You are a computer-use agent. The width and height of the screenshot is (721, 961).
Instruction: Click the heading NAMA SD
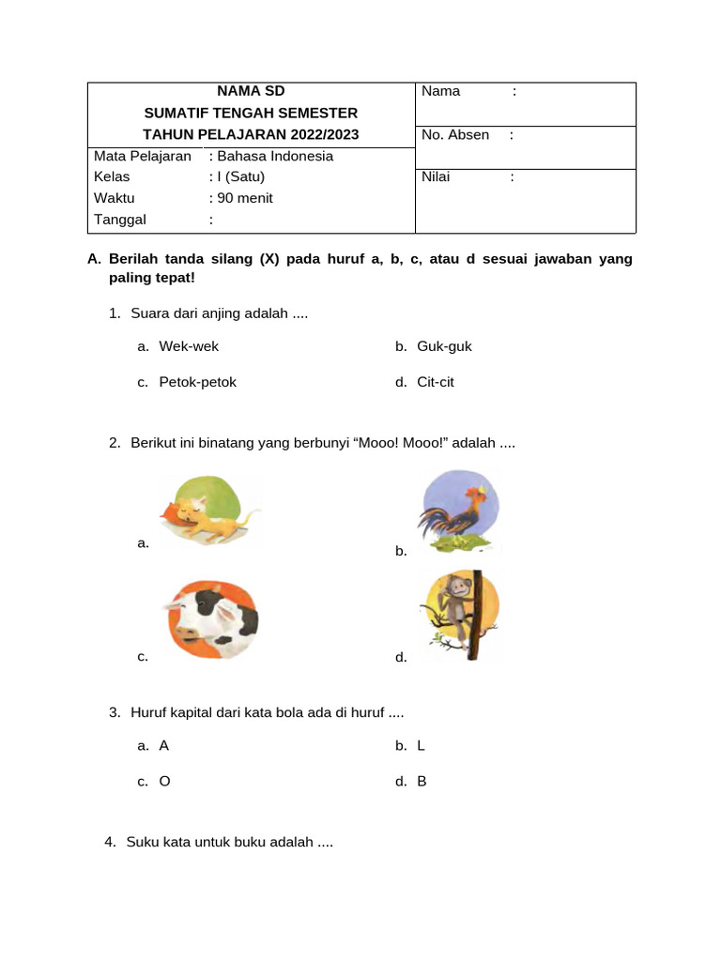(x=251, y=91)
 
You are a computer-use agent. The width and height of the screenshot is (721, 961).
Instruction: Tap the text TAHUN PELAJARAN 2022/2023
(x=251, y=134)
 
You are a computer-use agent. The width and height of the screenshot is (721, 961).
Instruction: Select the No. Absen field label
(x=455, y=134)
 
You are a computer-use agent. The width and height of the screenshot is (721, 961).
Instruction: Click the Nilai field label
(x=436, y=176)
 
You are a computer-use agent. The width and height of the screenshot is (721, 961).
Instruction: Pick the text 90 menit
(x=245, y=198)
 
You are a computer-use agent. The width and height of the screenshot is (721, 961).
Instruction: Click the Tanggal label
(x=120, y=220)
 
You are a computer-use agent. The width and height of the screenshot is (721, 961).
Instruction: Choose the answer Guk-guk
(x=444, y=346)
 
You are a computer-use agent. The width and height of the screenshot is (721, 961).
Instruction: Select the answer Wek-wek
(x=189, y=346)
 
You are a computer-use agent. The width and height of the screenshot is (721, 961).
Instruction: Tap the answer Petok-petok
(x=198, y=382)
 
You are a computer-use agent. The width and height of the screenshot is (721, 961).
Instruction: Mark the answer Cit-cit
(x=436, y=382)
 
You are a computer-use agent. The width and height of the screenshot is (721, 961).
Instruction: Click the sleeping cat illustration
(x=208, y=511)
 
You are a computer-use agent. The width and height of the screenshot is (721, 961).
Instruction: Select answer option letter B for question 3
(x=422, y=781)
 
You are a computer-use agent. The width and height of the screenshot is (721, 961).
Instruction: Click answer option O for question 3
(x=165, y=781)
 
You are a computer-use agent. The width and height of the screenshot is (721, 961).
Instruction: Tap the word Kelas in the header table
(x=112, y=176)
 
